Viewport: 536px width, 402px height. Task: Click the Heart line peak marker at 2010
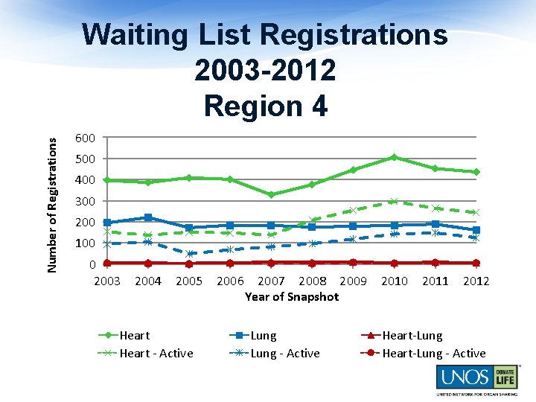(394, 157)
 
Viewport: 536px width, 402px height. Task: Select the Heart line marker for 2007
(271, 194)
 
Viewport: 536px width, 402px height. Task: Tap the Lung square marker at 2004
(148, 217)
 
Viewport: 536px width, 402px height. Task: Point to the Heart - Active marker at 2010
(394, 201)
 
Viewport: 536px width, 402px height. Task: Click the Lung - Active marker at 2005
(189, 254)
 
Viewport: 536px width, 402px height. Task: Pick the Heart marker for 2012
(476, 172)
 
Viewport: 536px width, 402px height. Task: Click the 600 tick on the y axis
(85, 138)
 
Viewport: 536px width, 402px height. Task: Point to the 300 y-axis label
(85, 201)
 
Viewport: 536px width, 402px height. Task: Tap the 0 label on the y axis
(91, 264)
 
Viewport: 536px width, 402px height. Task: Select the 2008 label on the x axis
(312, 281)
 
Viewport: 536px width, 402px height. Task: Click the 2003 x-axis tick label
(106, 281)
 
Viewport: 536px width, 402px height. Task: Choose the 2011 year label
(435, 281)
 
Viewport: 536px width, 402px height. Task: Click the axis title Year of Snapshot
(291, 296)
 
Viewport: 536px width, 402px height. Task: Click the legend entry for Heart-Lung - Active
(433, 354)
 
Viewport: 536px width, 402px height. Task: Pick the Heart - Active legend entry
(156, 354)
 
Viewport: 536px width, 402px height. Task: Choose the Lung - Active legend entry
(285, 354)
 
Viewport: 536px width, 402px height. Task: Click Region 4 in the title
(265, 106)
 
